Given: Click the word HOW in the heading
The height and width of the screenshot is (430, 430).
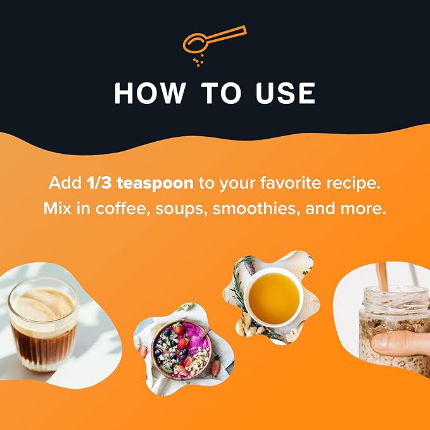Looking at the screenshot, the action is pos(149,93).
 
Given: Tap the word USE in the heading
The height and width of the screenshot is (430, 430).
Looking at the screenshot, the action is pos(286,93).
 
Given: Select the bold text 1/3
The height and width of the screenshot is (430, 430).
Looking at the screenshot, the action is pos(99,183).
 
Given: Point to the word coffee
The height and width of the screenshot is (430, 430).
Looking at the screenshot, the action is pos(123,208).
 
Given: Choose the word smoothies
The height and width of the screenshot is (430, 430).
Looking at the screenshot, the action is pos(256,209).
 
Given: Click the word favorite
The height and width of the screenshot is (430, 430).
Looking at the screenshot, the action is pos(291,183).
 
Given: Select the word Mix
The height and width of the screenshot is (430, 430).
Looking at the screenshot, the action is pos(57,208).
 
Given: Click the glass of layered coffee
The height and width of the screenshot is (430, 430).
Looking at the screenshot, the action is pos(43,324).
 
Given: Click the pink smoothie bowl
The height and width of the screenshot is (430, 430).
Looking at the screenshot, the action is pos(181,349).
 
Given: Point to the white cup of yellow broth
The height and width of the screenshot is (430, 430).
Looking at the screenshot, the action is pos(274,298).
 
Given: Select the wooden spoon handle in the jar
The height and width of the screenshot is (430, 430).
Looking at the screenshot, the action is pos(382,276).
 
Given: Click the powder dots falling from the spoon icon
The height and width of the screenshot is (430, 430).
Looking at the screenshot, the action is pos(198,61).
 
